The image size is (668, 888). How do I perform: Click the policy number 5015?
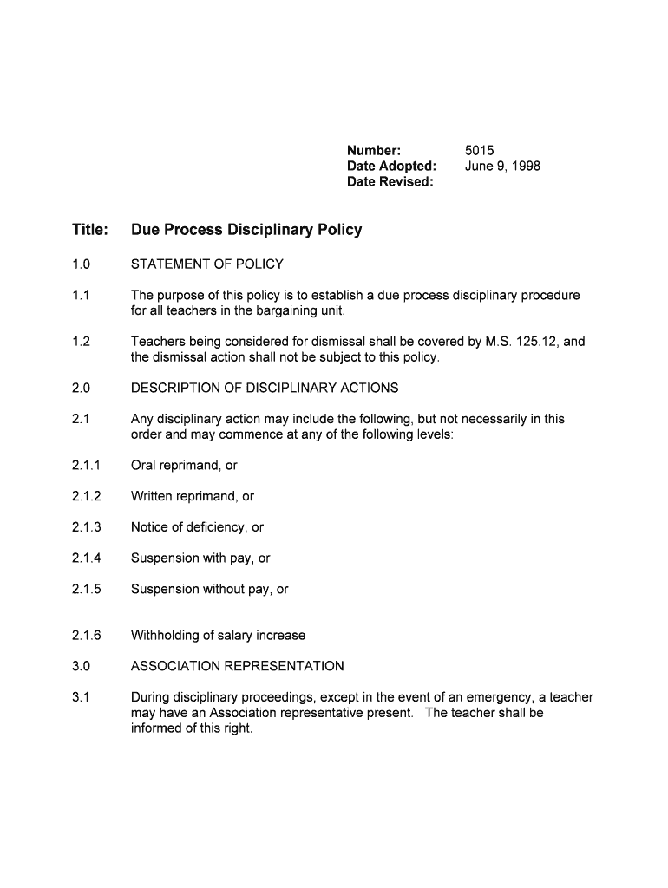tap(479, 151)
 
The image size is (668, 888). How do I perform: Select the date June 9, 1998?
tap(502, 166)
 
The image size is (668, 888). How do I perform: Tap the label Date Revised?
tap(390, 182)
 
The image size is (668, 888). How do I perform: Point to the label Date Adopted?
tap(391, 166)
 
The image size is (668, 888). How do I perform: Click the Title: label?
tap(90, 231)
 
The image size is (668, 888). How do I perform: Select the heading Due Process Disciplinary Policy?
tap(246, 231)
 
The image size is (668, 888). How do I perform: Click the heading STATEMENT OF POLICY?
tap(206, 264)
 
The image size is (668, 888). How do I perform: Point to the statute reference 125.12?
tap(536, 342)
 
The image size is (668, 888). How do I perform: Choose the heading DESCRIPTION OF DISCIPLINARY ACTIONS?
tap(265, 388)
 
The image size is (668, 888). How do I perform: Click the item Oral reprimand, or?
tap(184, 466)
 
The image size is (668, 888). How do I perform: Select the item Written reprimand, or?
tap(193, 497)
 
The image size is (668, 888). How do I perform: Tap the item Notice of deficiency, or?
tap(197, 527)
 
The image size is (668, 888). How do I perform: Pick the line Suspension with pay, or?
tap(200, 558)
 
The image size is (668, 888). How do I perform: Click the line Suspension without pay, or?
tap(209, 590)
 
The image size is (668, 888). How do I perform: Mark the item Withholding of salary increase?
tap(218, 636)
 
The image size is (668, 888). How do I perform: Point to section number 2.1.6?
tap(87, 636)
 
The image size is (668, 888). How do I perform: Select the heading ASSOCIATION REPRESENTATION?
tap(237, 667)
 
